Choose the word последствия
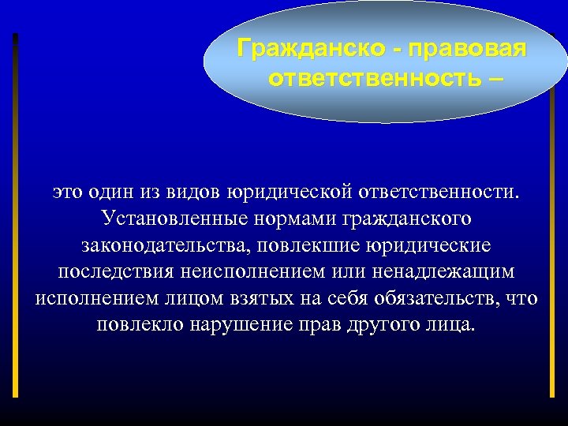(x=118, y=272)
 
